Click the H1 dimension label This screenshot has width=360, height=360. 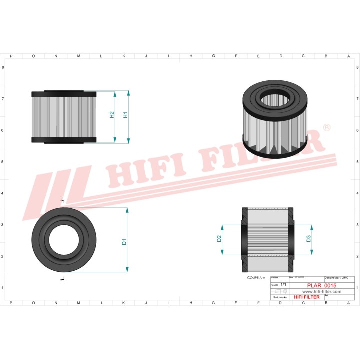[126, 114]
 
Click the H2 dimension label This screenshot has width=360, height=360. [112, 114]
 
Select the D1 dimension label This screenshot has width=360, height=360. [124, 242]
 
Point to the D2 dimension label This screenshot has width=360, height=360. [219, 239]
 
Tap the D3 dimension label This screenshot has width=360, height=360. [308, 239]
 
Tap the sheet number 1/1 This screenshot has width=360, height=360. [283, 284]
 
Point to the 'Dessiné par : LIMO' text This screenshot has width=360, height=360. [336, 277]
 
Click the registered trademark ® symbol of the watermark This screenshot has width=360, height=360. [327, 128]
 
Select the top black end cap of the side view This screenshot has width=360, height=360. [63, 94]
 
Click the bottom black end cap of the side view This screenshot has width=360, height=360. [63, 140]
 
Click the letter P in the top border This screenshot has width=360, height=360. [11, 56]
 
